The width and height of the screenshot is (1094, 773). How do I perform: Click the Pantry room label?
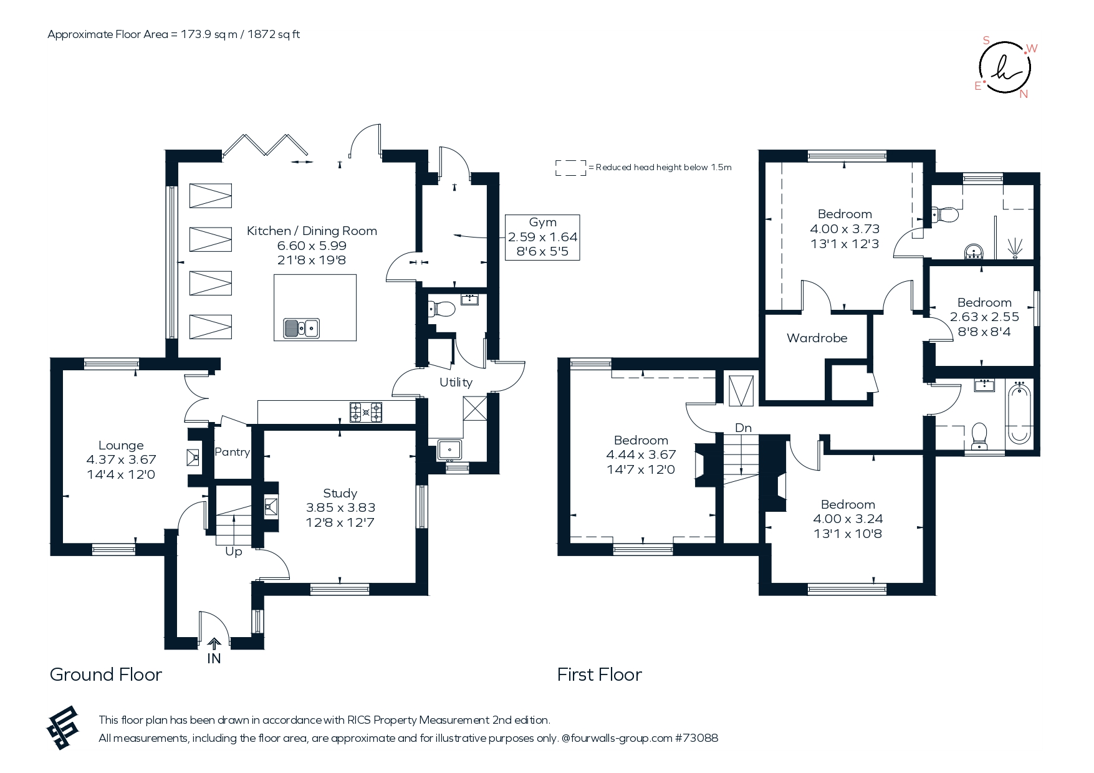point(233,452)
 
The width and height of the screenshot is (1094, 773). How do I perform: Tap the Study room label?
point(340,493)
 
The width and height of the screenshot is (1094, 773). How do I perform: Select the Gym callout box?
point(542,238)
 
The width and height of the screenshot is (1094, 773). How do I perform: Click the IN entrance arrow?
point(214,645)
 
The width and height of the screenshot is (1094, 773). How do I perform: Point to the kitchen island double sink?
point(302,328)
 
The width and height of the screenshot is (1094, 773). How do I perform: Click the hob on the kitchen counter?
point(366,412)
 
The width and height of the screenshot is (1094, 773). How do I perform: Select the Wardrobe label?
point(817,338)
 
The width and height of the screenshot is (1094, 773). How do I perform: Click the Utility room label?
point(456,382)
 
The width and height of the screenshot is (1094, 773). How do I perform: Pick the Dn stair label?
point(743,428)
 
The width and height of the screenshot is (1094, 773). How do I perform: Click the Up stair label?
point(234,552)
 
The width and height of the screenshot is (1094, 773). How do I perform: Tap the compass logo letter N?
point(1024,94)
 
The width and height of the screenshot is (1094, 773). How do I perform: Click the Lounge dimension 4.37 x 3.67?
point(121,459)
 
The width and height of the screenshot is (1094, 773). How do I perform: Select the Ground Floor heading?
point(106,675)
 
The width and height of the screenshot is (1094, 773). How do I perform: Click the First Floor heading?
point(600,675)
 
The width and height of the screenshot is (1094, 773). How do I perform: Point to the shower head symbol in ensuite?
point(1016,247)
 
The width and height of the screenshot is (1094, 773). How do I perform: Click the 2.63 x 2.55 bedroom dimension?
point(984,317)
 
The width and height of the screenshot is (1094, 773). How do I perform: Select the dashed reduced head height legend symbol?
point(571,168)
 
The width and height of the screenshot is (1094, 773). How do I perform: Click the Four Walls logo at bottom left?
point(63,727)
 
